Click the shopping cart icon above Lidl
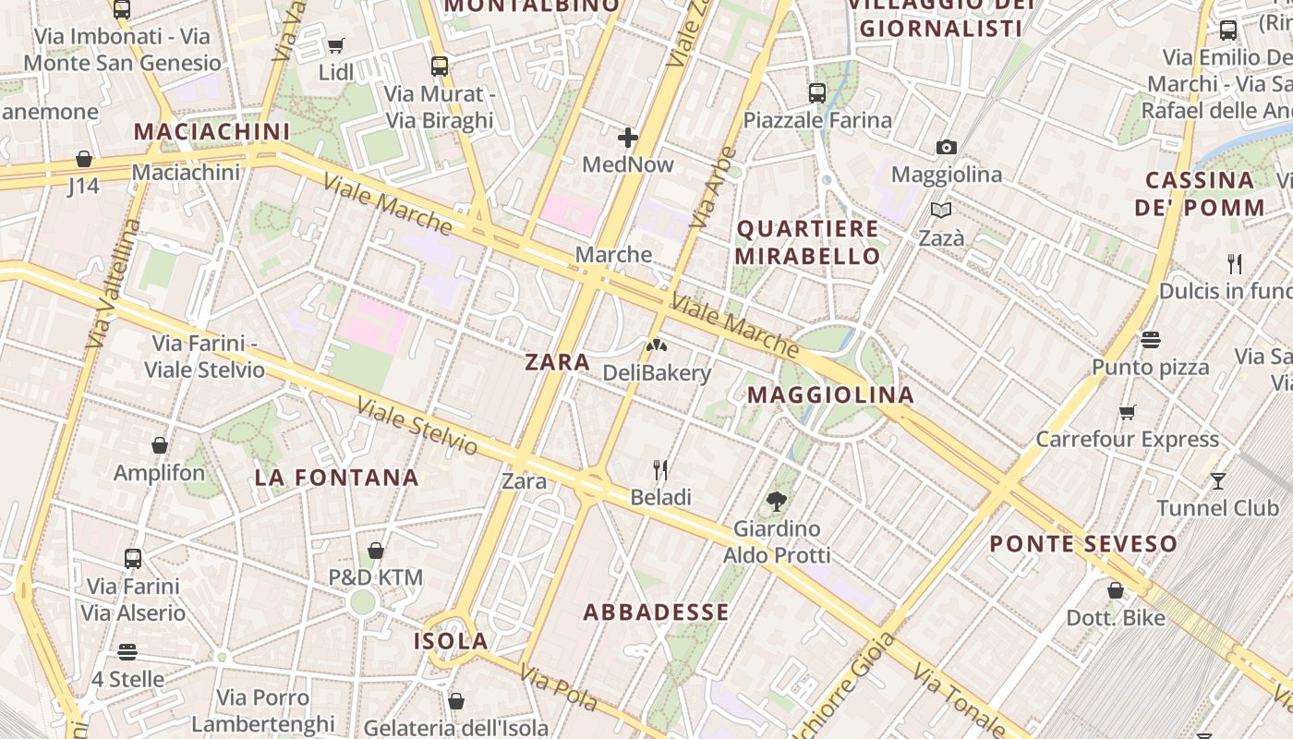click(336, 45)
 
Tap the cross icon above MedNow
click(628, 139)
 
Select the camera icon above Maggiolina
click(946, 148)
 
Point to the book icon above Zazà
click(941, 211)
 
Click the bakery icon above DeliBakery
click(657, 345)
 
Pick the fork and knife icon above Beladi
click(660, 470)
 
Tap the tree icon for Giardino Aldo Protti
click(777, 502)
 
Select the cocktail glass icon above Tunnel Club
click(1218, 480)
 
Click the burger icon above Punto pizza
click(1150, 340)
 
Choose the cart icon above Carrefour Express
click(1127, 412)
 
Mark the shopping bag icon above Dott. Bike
click(1116, 590)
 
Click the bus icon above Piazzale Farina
click(817, 92)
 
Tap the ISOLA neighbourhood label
click(451, 641)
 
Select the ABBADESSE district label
click(657, 612)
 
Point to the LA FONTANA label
click(337, 478)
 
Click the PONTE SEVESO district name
click(1083, 543)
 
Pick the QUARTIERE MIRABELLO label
click(808, 242)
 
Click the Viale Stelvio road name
click(417, 426)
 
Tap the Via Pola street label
click(558, 688)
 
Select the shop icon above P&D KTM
click(376, 551)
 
